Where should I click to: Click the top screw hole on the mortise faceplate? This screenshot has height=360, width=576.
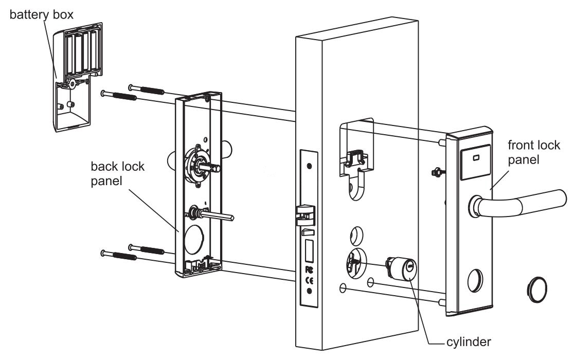tap(309, 166)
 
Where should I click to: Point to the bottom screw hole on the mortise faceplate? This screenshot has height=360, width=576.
tap(309, 292)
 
